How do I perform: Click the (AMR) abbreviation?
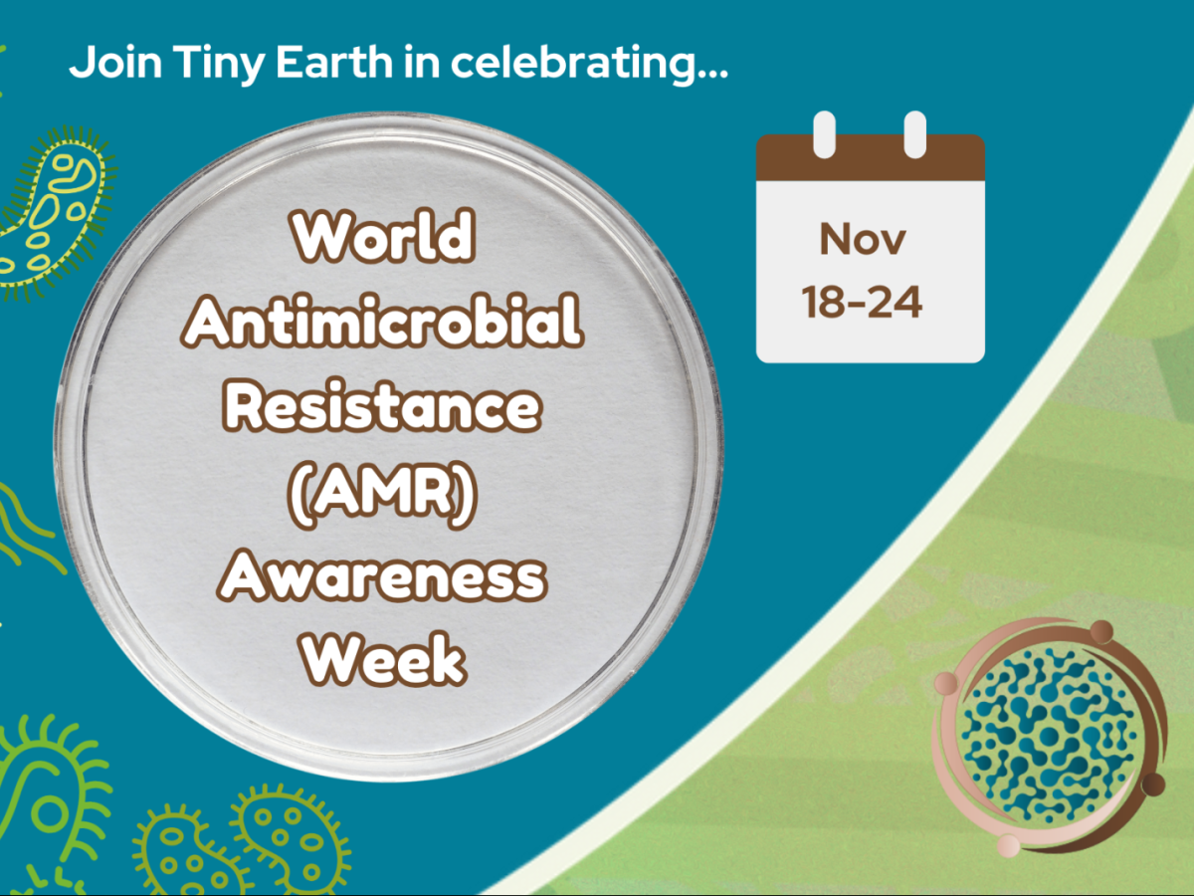[383, 491]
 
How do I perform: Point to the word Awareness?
[383, 575]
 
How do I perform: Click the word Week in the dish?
[383, 658]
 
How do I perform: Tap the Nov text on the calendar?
[863, 239]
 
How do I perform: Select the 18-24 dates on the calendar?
[863, 302]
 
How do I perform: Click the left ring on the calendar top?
[825, 134]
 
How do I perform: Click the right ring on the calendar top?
[914, 134]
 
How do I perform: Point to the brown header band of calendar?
[870, 162]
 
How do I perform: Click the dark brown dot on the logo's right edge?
[1152, 784]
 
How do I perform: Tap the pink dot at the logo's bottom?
[1008, 844]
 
